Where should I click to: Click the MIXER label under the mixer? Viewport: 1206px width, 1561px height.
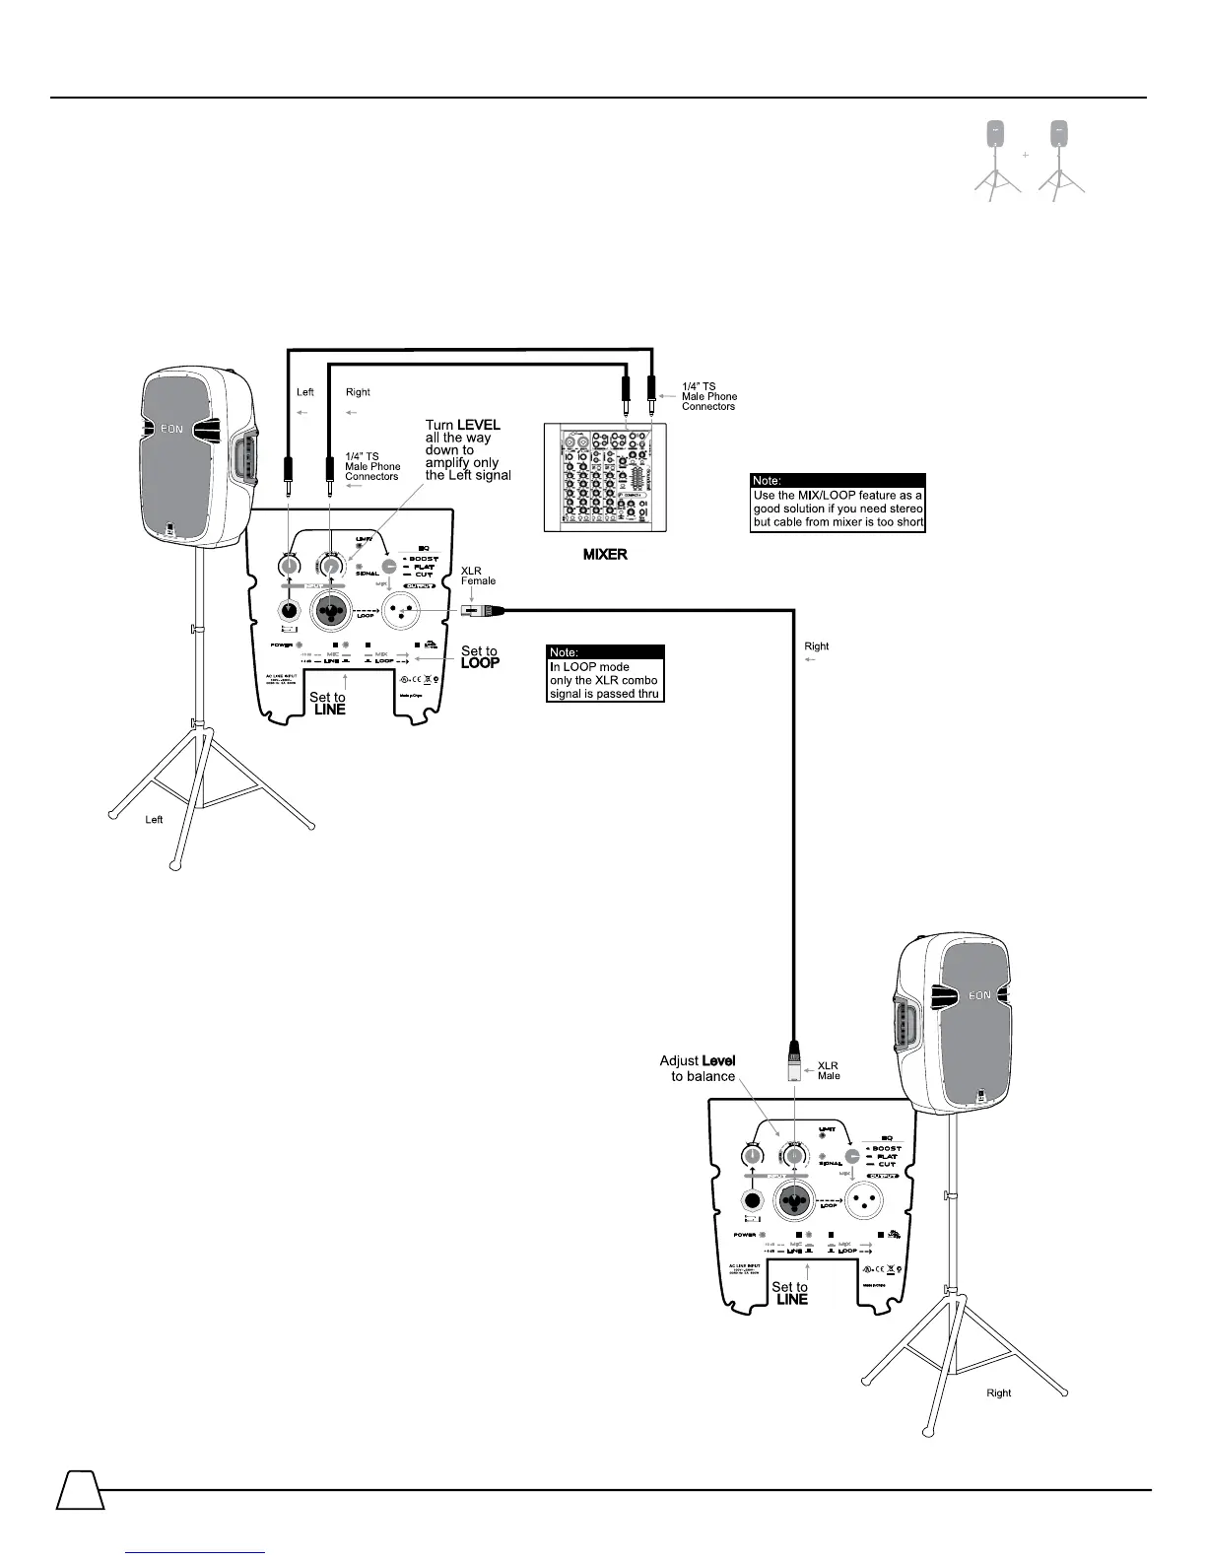coord(604,555)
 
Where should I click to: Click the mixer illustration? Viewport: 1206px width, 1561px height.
coord(605,474)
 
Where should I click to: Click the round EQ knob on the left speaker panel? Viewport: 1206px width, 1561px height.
coord(390,567)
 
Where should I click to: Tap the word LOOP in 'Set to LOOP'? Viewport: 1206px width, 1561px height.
coord(480,663)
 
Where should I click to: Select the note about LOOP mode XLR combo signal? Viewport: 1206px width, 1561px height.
coord(606,674)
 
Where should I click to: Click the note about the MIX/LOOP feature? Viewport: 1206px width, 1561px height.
coord(837,504)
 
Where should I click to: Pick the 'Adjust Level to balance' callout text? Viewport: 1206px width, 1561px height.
coord(698,1068)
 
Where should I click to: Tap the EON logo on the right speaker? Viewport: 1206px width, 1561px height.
coord(978,995)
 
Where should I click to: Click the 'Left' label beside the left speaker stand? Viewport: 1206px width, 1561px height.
coord(154,820)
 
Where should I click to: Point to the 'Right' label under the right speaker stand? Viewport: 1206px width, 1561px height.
coord(999,1393)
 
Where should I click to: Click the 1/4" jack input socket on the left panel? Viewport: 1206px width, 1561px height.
coord(289,611)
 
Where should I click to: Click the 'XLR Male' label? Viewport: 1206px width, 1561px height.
coord(829,1070)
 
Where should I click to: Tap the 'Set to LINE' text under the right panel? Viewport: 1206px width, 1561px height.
coord(790,1293)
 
